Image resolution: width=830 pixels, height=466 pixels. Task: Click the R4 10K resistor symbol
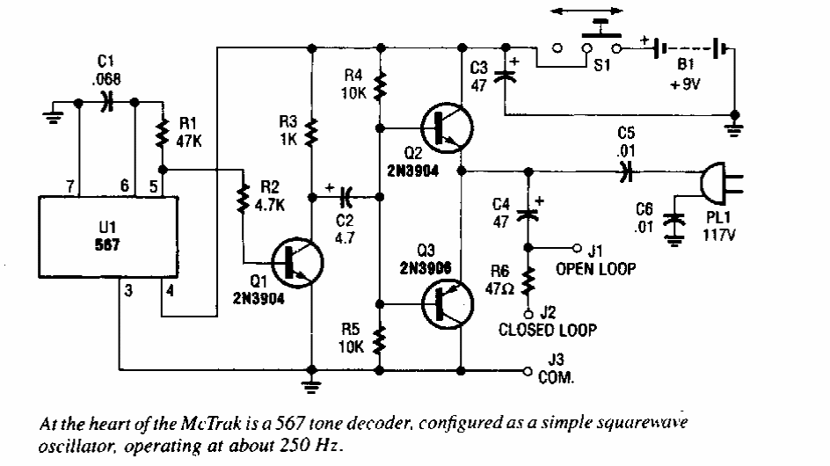(x=380, y=86)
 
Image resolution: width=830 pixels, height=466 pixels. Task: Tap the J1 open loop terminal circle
(x=578, y=247)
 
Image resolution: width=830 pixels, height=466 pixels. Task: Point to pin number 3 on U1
(x=128, y=292)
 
